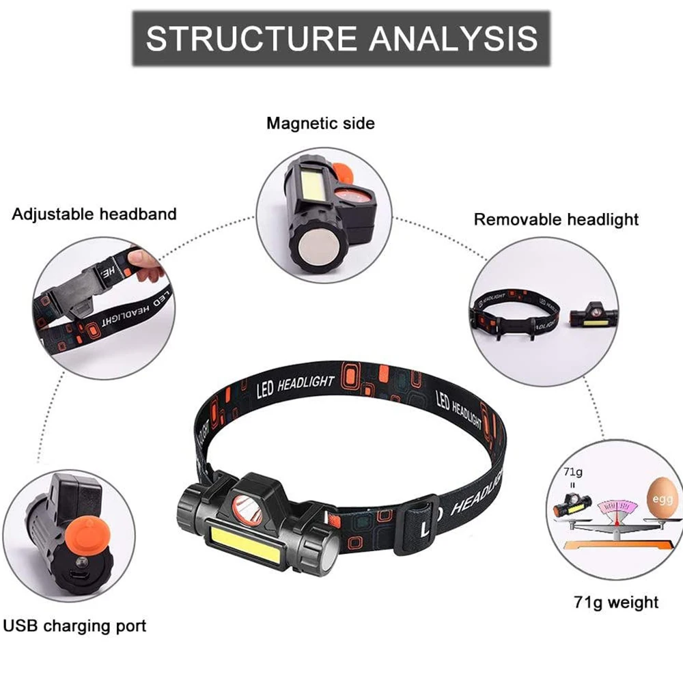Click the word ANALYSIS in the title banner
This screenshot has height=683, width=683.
(x=451, y=38)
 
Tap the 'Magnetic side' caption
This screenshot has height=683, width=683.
(x=320, y=124)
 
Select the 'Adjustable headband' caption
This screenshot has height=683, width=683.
(x=94, y=214)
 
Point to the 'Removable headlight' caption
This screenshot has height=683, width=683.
(x=556, y=219)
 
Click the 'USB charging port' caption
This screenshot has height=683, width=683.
(x=75, y=625)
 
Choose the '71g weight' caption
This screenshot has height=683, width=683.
(x=615, y=602)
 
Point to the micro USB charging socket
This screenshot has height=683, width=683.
(x=80, y=575)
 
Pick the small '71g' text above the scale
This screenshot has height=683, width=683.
(x=572, y=472)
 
